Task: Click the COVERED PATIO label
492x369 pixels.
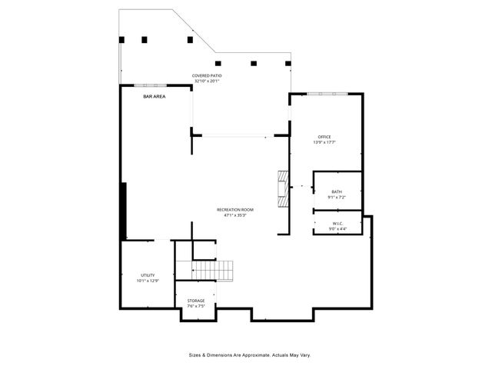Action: pos(207,75)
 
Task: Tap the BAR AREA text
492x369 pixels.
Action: pos(155,97)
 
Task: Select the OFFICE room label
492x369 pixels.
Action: pos(324,137)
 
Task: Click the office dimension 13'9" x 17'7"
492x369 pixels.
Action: pos(324,142)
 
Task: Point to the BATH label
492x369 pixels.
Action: pos(337,192)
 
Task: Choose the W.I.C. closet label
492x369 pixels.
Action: pos(337,224)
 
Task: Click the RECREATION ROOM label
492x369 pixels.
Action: pos(234,210)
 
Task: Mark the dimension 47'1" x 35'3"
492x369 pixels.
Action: pos(234,215)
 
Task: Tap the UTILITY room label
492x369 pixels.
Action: pos(148,275)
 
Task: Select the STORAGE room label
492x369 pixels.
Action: pos(196,301)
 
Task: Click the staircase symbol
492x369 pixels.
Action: pos(212,271)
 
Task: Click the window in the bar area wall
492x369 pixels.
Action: pos(151,85)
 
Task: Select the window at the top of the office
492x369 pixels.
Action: pos(327,94)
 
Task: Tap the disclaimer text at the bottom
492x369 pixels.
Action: pos(250,355)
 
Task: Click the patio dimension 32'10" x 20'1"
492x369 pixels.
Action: pos(207,81)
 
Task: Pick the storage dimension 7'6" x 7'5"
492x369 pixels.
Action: pos(196,306)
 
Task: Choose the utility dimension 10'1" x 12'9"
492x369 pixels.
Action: pos(148,281)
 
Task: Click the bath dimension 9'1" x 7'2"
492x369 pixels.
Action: pos(337,198)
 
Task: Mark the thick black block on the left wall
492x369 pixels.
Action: pos(123,211)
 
